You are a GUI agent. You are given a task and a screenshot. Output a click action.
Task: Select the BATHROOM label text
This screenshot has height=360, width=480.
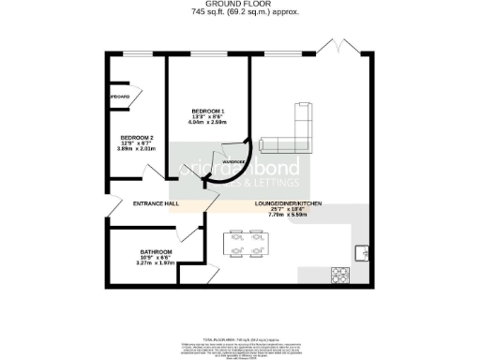[x=156, y=252]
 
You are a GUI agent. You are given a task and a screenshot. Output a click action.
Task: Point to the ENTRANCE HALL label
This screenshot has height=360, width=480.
[x=156, y=203]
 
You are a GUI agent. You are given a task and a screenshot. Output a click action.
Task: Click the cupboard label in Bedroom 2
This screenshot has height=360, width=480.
[x=120, y=97]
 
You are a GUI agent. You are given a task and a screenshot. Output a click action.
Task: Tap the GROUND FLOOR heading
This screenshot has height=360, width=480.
[x=239, y=5]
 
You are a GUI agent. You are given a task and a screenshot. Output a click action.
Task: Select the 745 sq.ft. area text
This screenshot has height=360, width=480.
[x=239, y=13]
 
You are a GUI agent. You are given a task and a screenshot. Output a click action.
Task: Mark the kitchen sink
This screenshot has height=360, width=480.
[x=362, y=252]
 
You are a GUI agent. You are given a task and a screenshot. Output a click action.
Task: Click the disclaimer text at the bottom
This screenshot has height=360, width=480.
[x=239, y=348]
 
